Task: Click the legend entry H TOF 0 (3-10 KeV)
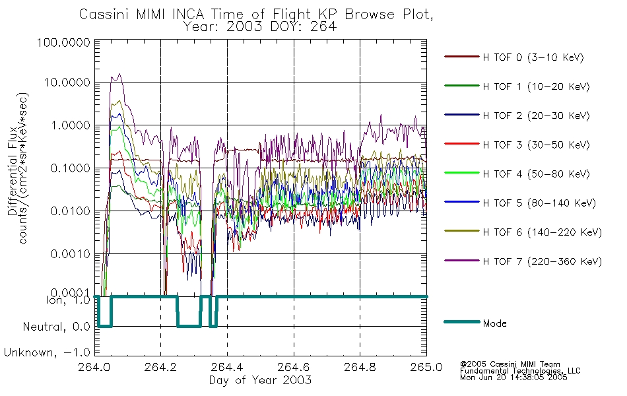click(533, 57)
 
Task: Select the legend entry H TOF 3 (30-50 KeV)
click(536, 145)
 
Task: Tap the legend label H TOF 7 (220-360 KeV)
click(543, 261)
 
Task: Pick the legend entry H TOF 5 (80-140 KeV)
click(539, 203)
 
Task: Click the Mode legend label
click(494, 323)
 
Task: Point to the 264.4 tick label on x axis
click(227, 367)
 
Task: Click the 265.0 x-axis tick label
click(426, 367)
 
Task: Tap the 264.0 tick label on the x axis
click(94, 367)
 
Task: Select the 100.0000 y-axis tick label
click(63, 42)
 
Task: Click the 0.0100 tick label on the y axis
click(71, 211)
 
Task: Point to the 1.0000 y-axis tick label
click(71, 125)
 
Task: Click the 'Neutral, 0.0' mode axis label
click(56, 327)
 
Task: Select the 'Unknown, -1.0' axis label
click(47, 353)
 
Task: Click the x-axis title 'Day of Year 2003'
click(260, 380)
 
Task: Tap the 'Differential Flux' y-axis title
click(12, 171)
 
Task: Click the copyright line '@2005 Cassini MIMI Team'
click(510, 364)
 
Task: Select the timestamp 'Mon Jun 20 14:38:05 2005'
click(513, 378)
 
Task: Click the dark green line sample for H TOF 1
click(462, 86)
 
